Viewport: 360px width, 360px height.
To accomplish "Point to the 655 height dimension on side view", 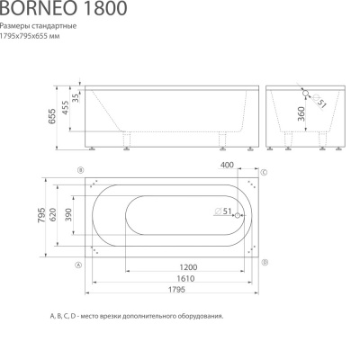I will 52,115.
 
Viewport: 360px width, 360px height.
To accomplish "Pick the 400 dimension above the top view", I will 226,165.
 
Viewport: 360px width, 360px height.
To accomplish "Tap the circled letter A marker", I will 79,265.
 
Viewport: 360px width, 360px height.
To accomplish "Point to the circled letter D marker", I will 264,261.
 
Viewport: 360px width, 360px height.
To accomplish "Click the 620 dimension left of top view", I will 53,216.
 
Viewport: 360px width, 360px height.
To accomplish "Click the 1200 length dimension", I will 188,268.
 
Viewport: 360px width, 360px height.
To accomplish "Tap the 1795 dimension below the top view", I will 175,291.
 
